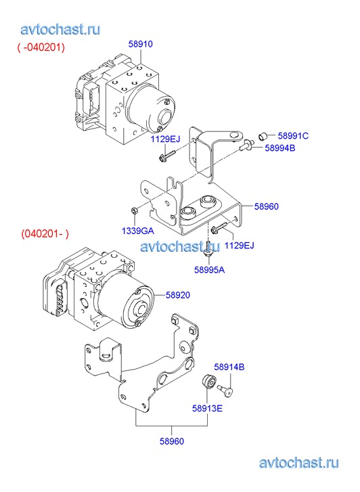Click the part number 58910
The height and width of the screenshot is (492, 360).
pyautogui.click(x=140, y=44)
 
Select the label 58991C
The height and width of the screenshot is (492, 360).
pyautogui.click(x=293, y=136)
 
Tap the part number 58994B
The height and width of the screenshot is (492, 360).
pyautogui.click(x=280, y=148)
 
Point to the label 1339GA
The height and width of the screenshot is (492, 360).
pyautogui.click(x=138, y=231)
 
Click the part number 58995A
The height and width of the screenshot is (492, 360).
pyautogui.click(x=209, y=270)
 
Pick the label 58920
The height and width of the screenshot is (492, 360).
pyautogui.click(x=178, y=295)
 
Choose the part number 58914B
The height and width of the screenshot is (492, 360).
pyautogui.click(x=229, y=367)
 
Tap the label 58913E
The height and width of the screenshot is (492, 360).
pyautogui.click(x=207, y=408)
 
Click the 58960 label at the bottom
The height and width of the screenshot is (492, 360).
pyautogui.click(x=172, y=441)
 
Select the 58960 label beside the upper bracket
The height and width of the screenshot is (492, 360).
pyautogui.click(x=267, y=206)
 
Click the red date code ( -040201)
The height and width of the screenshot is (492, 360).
pyautogui.click(x=41, y=47)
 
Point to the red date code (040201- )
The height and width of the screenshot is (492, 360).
pyautogui.click(x=45, y=233)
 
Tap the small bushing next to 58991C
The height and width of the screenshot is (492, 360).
pyautogui.click(x=263, y=137)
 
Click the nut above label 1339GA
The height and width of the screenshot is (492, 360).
pyautogui.click(x=134, y=210)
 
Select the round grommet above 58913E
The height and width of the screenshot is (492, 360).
pyautogui.click(x=208, y=382)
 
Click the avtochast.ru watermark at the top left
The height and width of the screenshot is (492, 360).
pyautogui.click(x=61, y=30)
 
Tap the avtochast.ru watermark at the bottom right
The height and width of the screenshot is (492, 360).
pyautogui.click(x=299, y=463)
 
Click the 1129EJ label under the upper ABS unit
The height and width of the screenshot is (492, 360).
pyautogui.click(x=165, y=139)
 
